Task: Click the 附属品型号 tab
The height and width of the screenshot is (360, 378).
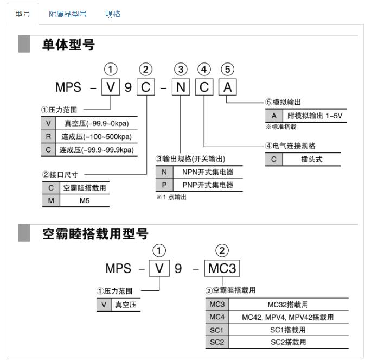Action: coord(68,14)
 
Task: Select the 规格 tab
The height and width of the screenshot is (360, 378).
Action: coord(113,14)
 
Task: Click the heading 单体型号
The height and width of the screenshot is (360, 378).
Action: coord(68,45)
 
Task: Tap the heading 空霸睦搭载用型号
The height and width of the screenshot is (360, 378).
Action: coord(95,234)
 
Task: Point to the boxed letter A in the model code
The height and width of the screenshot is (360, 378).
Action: coord(227,87)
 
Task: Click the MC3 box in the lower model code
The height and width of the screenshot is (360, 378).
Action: coord(222,268)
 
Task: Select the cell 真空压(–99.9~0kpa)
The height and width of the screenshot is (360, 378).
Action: coord(95,123)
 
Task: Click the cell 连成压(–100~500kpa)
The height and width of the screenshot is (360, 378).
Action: coord(95,136)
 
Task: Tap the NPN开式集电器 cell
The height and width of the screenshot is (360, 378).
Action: coord(208,172)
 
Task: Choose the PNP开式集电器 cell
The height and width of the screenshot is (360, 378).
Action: coord(208,185)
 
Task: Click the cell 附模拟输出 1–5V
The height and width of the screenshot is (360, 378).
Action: coord(315,116)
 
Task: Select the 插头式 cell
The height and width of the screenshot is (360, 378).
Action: coord(312,160)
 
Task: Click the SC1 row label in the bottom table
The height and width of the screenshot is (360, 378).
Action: coord(216,330)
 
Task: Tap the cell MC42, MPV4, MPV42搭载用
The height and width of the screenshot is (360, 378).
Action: coord(288,317)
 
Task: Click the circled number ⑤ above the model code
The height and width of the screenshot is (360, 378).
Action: coord(228,69)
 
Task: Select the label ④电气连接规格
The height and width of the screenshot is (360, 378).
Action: coord(290,146)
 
